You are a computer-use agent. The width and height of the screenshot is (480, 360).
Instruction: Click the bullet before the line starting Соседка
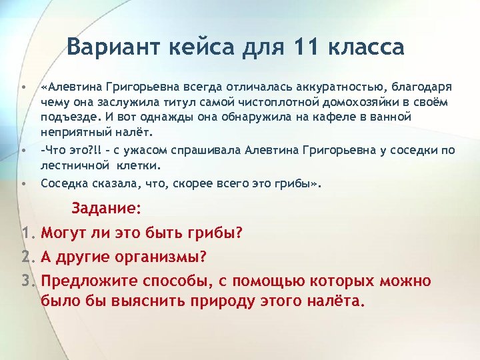coord(23,181)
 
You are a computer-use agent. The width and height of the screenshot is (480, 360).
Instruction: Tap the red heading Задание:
coord(106,209)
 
